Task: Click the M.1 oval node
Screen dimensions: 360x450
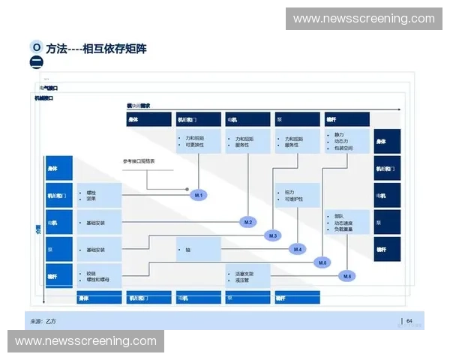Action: (199, 195)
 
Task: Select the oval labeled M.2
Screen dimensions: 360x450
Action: (249, 222)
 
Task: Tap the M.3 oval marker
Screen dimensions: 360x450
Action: (273, 236)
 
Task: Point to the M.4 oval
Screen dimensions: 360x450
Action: (298, 249)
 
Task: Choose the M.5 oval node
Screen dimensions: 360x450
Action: (322, 262)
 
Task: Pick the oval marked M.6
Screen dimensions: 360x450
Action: (347, 277)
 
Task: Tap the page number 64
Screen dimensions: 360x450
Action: (409, 321)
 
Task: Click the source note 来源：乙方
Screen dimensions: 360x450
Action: (43, 321)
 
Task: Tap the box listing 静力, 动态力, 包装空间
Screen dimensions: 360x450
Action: (347, 141)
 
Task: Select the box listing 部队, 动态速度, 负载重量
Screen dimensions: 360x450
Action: (347, 223)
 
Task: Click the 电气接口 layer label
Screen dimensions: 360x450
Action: (49, 88)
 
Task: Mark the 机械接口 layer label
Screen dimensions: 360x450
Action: (45, 97)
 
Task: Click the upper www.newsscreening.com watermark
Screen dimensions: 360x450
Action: (364, 18)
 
